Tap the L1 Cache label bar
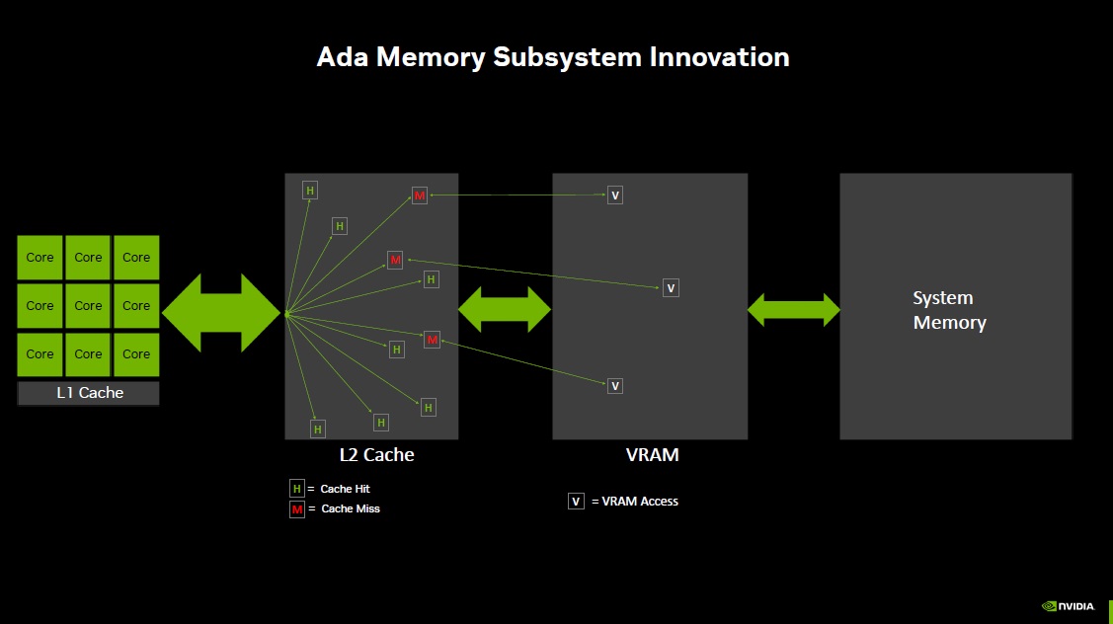tap(89, 393)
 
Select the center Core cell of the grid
tap(88, 306)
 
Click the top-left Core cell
tap(40, 258)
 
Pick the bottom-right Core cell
tap(136, 354)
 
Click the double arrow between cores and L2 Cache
tap(221, 313)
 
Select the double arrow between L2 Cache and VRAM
tap(505, 310)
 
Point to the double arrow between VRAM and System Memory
tap(794, 310)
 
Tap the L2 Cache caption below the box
tap(376, 455)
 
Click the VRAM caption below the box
tap(652, 455)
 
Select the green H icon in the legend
tap(297, 489)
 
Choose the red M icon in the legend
tap(297, 509)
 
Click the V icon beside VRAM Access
tap(577, 502)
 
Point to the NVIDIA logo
tap(1069, 606)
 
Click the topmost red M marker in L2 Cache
tap(420, 195)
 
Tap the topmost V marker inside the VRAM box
tap(615, 195)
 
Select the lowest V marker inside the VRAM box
tap(615, 386)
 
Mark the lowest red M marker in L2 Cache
tap(432, 340)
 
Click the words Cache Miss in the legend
tap(351, 509)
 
